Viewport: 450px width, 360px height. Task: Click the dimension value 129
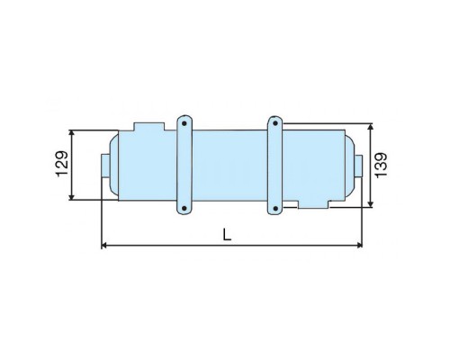(62, 164)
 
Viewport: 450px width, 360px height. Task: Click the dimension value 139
(381, 166)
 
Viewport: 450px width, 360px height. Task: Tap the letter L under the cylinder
(227, 234)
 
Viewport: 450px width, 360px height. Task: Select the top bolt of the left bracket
(184, 123)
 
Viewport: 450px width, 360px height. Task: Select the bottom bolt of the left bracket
(184, 208)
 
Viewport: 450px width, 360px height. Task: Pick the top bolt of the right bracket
(275, 123)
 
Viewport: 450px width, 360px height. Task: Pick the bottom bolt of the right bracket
(275, 208)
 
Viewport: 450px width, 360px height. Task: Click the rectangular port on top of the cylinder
(149, 126)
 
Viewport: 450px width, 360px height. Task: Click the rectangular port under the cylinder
(313, 204)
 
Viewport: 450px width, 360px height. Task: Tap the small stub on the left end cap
(106, 166)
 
